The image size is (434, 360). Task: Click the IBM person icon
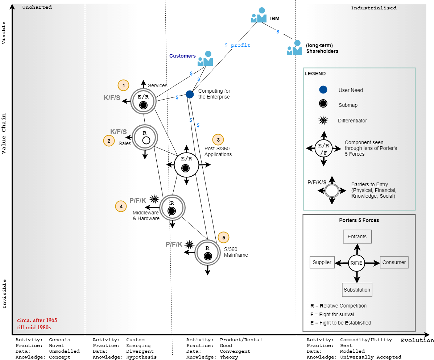259,15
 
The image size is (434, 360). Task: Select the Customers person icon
205,58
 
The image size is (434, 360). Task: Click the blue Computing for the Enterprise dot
190,94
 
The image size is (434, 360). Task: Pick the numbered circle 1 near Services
124,85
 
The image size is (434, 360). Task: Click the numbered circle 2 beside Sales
109,141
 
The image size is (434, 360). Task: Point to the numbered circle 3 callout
218,139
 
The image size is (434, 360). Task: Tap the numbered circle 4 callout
121,206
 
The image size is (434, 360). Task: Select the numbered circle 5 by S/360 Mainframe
224,238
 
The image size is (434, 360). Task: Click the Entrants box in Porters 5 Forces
357,236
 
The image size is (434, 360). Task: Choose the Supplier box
322,262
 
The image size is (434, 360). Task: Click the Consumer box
394,262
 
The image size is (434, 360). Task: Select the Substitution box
357,290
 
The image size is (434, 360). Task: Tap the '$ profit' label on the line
237,45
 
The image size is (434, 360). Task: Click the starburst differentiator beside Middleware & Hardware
155,198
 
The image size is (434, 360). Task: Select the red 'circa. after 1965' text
37,320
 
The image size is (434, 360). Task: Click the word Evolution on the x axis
417,340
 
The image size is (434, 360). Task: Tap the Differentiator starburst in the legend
323,121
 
